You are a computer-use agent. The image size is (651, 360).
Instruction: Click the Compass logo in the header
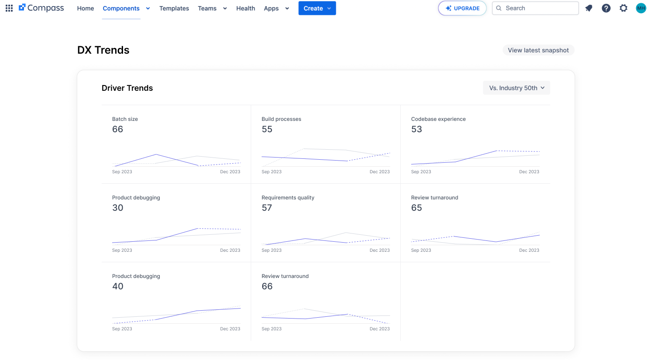[41, 8]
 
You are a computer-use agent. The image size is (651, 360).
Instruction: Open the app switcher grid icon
[9, 8]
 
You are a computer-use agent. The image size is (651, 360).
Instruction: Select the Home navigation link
[86, 8]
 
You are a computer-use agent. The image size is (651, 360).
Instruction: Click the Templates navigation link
[174, 8]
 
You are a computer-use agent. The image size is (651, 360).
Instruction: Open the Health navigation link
[246, 8]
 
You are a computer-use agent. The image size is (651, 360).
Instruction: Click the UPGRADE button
[462, 8]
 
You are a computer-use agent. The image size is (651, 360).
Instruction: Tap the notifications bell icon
[589, 8]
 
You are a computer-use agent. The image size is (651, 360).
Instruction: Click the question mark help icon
[606, 8]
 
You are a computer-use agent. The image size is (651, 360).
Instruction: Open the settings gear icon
[624, 8]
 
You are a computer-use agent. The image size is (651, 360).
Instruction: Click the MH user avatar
[641, 8]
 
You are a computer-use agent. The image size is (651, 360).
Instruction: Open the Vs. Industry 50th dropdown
[517, 88]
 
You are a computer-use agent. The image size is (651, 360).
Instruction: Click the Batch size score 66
[118, 129]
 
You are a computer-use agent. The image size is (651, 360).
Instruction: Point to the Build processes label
[281, 119]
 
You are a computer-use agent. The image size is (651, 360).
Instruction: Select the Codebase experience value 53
[416, 129]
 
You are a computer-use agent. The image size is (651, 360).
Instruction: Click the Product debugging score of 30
[118, 207]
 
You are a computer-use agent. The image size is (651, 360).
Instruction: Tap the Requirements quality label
[288, 198]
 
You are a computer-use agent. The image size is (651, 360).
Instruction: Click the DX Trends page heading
[103, 50]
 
